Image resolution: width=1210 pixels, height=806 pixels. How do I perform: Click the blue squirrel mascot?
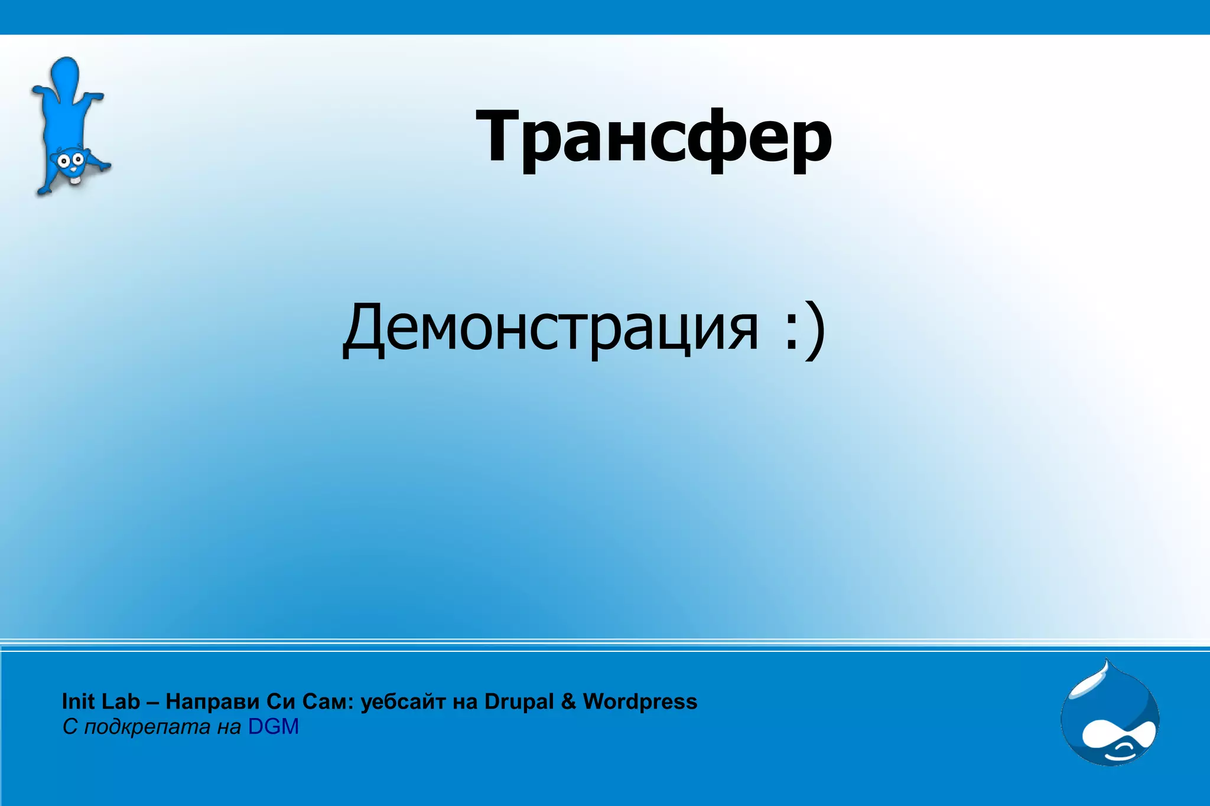tap(69, 127)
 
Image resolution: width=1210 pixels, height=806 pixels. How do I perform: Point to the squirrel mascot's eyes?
tap(69, 159)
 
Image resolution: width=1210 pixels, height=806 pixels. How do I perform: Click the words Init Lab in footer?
tap(100, 701)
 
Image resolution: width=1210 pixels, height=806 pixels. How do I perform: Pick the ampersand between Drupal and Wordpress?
tap(568, 701)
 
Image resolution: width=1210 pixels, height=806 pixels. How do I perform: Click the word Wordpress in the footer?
tap(640, 701)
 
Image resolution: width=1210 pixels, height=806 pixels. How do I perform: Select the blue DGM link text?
tap(273, 727)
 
